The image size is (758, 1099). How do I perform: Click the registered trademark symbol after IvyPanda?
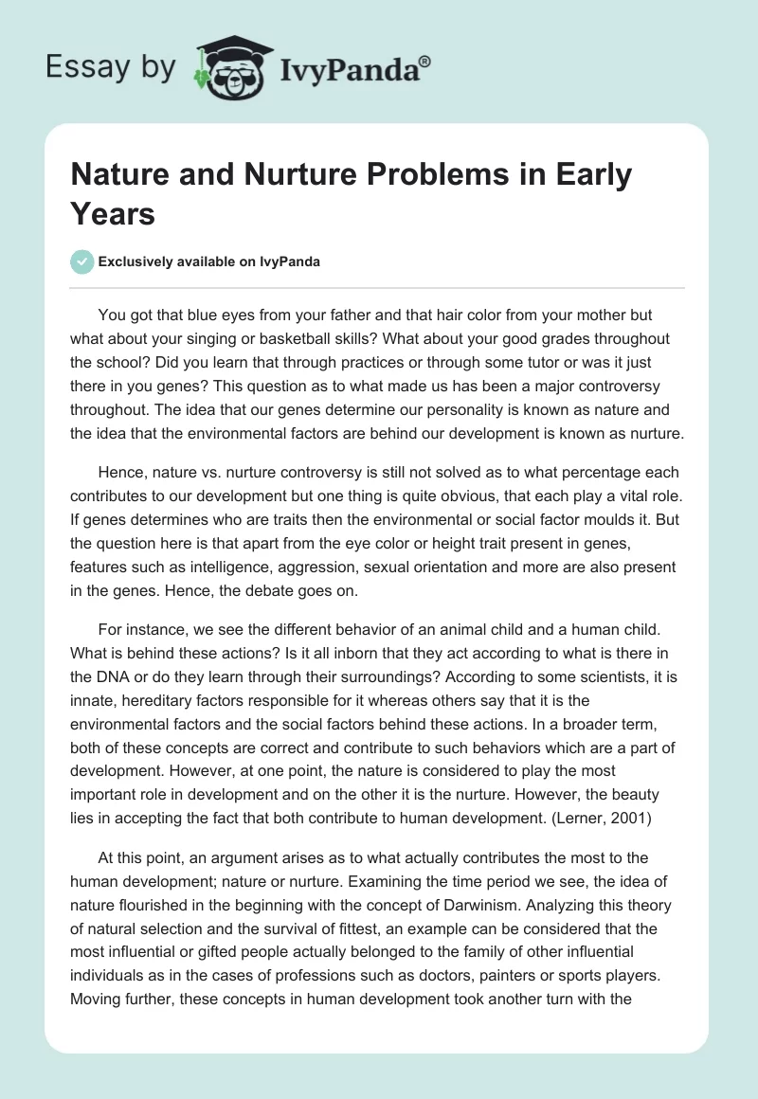coord(425,61)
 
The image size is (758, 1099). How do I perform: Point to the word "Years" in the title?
coord(113,214)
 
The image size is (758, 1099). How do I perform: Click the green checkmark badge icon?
coord(81,261)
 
